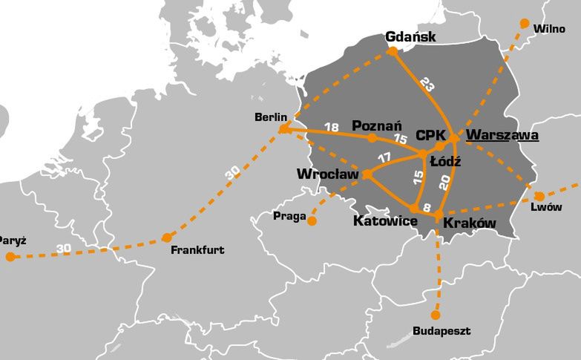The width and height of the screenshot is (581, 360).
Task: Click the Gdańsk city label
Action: pyautogui.click(x=410, y=37)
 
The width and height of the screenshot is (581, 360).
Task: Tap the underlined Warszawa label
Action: pyautogui.click(x=502, y=136)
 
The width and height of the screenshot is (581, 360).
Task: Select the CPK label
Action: pyautogui.click(x=430, y=136)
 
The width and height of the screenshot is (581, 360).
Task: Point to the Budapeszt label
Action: pyautogui.click(x=441, y=331)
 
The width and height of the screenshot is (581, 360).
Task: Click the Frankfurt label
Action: pyautogui.click(x=197, y=250)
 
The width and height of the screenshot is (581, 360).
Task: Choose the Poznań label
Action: pyautogui.click(x=377, y=125)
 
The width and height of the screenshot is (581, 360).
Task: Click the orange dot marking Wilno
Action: pyautogui.click(x=525, y=23)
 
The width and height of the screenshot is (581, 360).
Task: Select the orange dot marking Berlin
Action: pyautogui.click(x=283, y=129)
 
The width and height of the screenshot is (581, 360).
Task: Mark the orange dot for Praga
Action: pyautogui.click(x=312, y=220)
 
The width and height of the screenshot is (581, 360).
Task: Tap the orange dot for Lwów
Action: pyautogui.click(x=539, y=196)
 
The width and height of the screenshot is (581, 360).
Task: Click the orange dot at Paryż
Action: pyautogui.click(x=10, y=257)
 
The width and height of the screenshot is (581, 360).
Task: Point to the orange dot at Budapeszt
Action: pyautogui.click(x=436, y=315)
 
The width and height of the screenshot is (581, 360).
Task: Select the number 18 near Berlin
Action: pyautogui.click(x=332, y=127)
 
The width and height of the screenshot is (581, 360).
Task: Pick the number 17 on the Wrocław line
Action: pyautogui.click(x=384, y=157)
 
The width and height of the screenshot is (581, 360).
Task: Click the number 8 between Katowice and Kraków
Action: pyautogui.click(x=426, y=207)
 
